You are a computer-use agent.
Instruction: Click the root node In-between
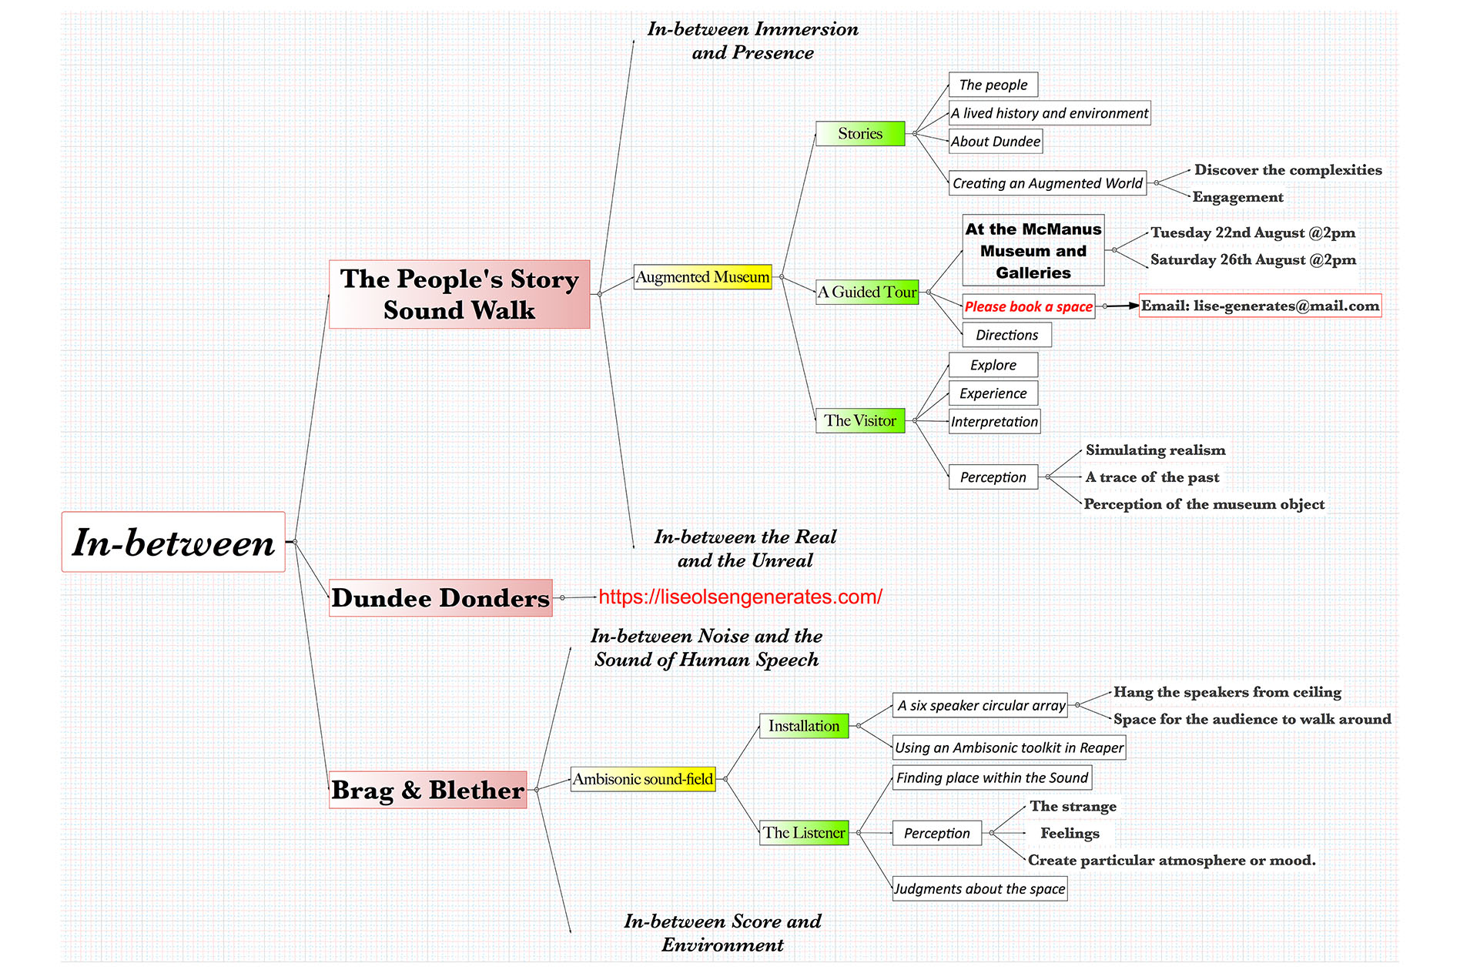click(173, 542)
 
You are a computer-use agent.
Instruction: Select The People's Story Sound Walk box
click(459, 294)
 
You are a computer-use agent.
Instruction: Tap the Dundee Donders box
click(440, 598)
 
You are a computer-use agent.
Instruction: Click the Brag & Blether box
click(428, 790)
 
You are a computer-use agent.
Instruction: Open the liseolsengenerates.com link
click(740, 597)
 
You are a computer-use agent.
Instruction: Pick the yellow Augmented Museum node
click(702, 277)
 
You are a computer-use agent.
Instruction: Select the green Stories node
click(860, 133)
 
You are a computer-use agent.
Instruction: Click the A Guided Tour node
click(867, 292)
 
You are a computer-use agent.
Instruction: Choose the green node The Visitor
click(860, 420)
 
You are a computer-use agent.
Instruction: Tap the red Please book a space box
click(1028, 306)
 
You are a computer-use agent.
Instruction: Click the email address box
click(1260, 306)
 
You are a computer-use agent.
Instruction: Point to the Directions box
click(1006, 335)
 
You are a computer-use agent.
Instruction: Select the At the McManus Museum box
click(1033, 251)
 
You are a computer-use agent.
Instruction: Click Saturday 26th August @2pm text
click(1253, 260)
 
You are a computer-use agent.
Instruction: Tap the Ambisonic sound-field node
click(643, 779)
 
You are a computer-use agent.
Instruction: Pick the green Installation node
click(804, 726)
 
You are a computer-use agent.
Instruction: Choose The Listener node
click(804, 832)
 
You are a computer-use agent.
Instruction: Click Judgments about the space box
click(979, 889)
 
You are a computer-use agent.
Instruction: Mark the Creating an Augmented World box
click(1047, 183)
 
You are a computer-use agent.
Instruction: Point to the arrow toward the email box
click(1123, 306)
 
